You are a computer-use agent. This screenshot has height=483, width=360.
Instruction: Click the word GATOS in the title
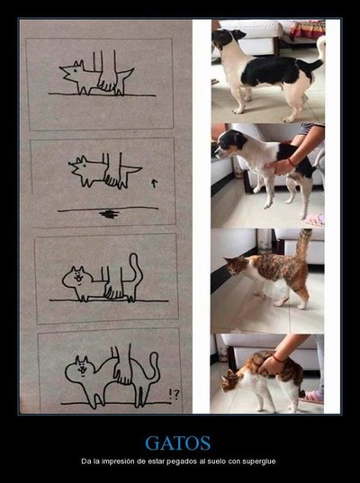click(178, 443)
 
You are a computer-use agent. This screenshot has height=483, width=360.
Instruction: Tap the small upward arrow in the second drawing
click(155, 183)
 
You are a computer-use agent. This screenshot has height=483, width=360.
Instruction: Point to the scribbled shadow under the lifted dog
click(110, 214)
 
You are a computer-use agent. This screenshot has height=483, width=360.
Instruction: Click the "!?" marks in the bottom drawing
click(174, 395)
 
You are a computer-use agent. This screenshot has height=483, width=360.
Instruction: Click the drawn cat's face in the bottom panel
click(83, 367)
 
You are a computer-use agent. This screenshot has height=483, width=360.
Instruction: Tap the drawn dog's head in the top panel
click(74, 71)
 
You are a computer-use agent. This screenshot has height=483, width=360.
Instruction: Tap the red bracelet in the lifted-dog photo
click(291, 162)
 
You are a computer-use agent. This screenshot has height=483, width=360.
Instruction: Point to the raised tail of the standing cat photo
click(303, 245)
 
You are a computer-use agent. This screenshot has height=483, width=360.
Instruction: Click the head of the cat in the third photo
click(236, 265)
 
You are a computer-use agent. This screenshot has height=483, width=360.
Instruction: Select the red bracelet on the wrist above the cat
click(278, 358)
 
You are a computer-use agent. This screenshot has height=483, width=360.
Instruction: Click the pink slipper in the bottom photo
click(311, 397)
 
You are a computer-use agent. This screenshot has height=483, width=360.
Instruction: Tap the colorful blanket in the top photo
click(307, 30)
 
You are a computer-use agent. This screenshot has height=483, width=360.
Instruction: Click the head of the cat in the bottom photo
click(231, 380)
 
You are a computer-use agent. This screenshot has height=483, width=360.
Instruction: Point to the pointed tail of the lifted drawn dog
click(132, 169)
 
